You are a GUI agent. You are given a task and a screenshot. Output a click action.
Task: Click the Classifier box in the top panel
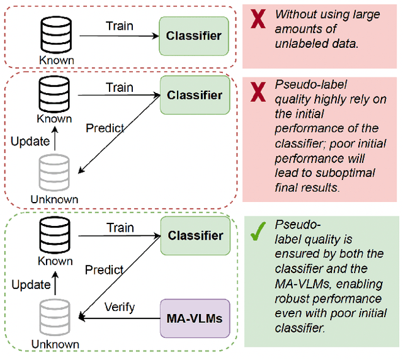193,36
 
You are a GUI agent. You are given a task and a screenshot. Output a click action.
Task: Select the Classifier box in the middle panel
193,95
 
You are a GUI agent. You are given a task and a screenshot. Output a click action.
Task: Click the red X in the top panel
258,20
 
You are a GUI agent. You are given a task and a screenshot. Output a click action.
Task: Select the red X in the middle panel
258,91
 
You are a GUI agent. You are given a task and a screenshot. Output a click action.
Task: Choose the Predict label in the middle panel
105,128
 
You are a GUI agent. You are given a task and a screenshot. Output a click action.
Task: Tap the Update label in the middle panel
30,141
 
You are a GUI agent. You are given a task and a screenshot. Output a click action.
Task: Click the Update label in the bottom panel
30,284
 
